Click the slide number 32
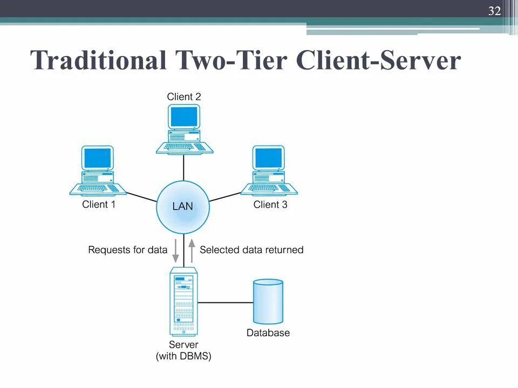click(494, 10)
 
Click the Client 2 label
click(183, 97)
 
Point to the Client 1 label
click(98, 205)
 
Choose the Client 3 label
click(270, 205)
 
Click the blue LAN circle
click(182, 206)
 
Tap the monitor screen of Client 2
click(183, 116)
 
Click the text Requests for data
click(127, 250)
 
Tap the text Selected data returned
click(251, 250)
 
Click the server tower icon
click(183, 301)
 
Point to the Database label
click(268, 333)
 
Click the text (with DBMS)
click(183, 356)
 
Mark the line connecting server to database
click(224, 302)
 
